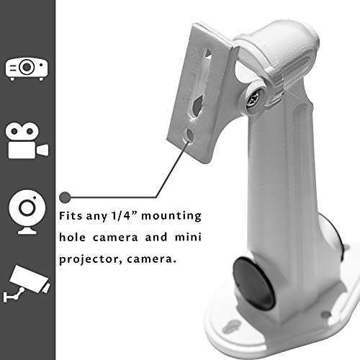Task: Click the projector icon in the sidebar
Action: (27, 68)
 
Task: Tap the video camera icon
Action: (27, 141)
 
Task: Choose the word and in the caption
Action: (151, 235)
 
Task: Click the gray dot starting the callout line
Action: (65, 196)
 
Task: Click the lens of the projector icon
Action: (27, 68)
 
